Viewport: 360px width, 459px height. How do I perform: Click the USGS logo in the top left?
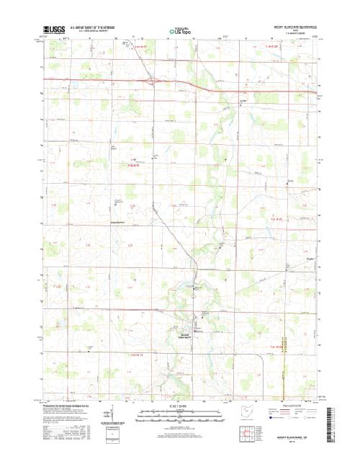pyautogui.click(x=54, y=29)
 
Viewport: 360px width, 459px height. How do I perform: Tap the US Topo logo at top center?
pyautogui.click(x=181, y=31)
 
